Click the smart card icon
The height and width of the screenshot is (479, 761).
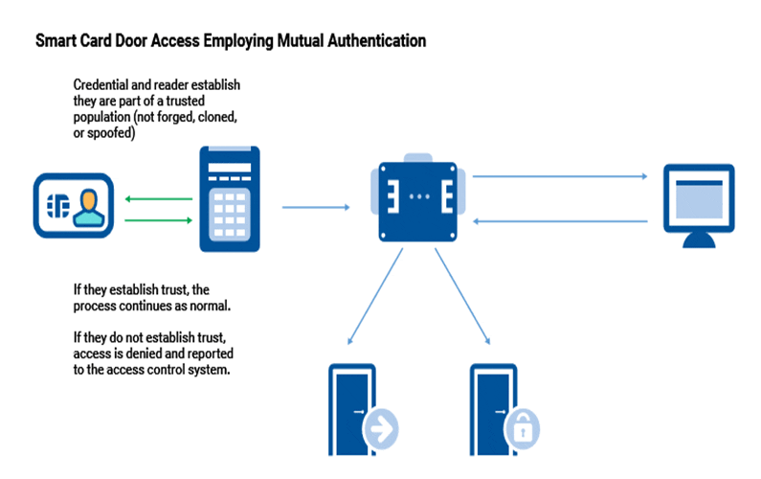74,206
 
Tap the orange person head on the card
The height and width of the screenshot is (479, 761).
89,199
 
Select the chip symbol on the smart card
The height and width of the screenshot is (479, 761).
57,206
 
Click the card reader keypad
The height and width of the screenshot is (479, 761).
230,215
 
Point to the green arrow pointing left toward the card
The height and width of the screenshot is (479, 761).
159,198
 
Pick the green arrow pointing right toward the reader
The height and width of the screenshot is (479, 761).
159,220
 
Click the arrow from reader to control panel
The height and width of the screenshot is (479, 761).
316,208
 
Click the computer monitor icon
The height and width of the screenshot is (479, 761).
699,206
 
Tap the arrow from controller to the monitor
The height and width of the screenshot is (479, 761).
560,176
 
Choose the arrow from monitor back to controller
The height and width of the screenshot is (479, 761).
560,221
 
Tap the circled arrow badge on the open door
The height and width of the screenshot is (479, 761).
381,429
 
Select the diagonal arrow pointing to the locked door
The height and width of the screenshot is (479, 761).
462,297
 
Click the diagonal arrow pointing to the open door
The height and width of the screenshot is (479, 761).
375,297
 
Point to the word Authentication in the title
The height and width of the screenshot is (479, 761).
377,41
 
